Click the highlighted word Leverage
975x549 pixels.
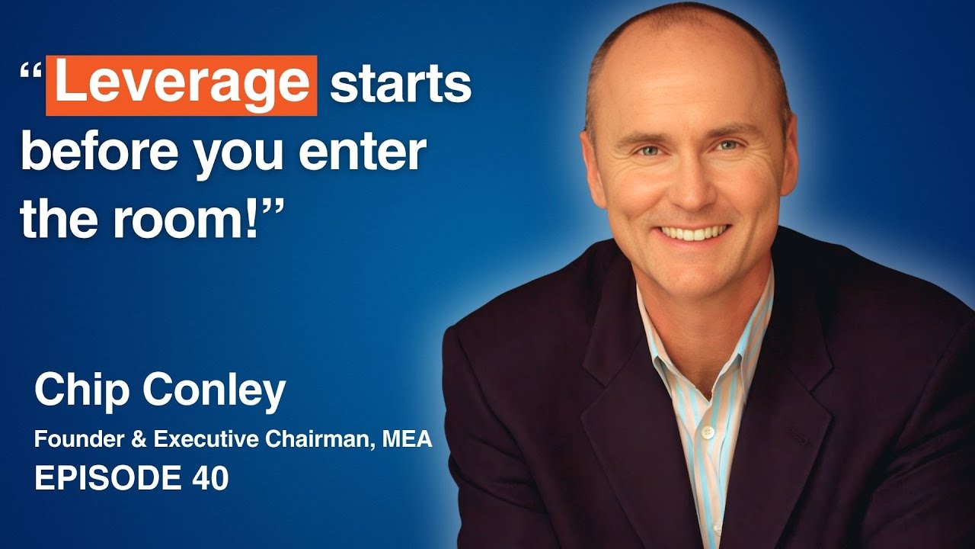pyautogui.click(x=181, y=85)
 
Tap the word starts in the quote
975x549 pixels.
pyautogui.click(x=401, y=84)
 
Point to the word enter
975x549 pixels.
pyautogui.click(x=362, y=151)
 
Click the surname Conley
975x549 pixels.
pyautogui.click(x=214, y=390)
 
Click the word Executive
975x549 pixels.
pyautogui.click(x=206, y=439)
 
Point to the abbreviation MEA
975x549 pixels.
pyautogui.click(x=408, y=439)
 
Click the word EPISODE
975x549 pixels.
pyautogui.click(x=108, y=477)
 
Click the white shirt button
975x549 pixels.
pyautogui.click(x=708, y=432)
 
